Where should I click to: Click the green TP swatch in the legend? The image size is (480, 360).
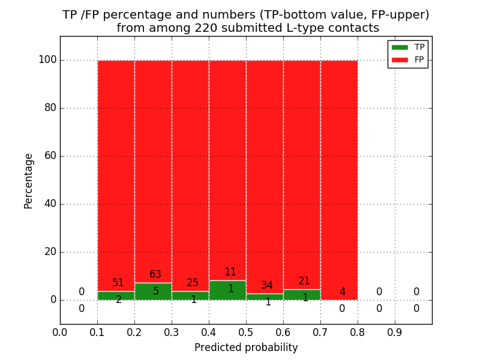click(400, 47)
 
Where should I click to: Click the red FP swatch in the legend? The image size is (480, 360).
click(400, 59)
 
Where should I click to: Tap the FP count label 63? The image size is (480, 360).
click(155, 275)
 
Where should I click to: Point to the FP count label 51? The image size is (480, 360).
click(118, 283)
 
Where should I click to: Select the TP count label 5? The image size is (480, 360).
click(155, 292)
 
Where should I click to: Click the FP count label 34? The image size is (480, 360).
click(267, 286)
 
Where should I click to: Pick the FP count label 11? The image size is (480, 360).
click(230, 272)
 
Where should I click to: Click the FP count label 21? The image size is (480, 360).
click(304, 281)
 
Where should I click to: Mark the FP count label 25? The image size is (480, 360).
click(193, 283)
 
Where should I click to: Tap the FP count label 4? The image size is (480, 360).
click(342, 292)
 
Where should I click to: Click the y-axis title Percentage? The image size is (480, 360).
click(29, 181)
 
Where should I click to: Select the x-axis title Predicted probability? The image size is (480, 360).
click(246, 348)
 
